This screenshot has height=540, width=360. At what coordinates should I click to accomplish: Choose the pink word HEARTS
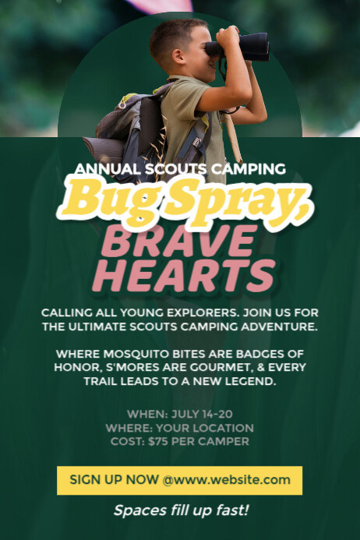183,275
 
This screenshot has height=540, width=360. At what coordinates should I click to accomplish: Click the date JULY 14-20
199,414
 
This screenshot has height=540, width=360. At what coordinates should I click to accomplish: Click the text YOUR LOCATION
204,428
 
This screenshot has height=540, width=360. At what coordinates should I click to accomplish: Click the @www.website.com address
226,480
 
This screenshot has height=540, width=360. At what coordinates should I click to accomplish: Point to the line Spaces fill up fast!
180,510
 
